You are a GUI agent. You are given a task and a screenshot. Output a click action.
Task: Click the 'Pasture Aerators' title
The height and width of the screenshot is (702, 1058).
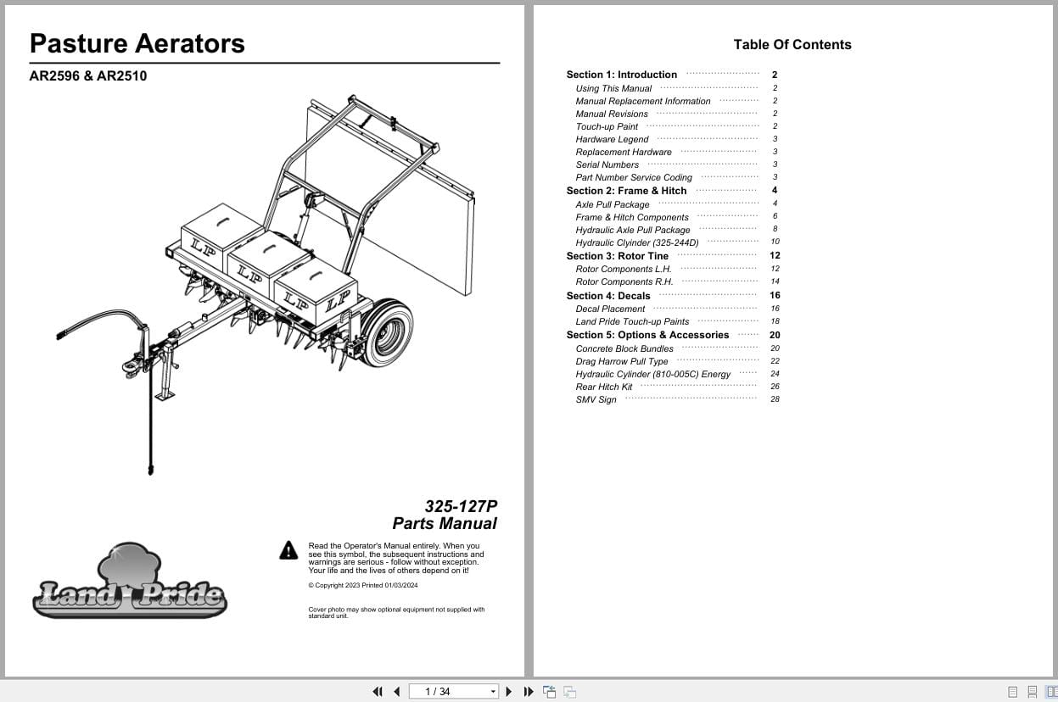pos(137,44)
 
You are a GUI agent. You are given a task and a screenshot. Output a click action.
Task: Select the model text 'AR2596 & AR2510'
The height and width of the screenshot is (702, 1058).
pos(87,76)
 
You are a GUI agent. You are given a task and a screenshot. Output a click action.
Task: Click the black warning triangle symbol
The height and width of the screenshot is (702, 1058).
pos(288,551)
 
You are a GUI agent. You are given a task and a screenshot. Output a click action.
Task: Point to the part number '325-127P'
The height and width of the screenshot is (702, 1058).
pos(461,506)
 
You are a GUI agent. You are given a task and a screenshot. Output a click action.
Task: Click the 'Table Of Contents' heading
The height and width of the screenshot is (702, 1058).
pos(792,45)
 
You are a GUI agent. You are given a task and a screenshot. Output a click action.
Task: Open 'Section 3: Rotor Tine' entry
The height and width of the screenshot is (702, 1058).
pos(618,256)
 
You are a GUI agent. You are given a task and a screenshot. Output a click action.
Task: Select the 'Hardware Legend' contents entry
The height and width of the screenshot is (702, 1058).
pos(612,140)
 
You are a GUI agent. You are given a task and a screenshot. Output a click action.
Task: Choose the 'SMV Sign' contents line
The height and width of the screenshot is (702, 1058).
pos(596,400)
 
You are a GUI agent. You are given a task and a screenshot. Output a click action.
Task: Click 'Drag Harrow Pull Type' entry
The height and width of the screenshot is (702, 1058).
pos(622,362)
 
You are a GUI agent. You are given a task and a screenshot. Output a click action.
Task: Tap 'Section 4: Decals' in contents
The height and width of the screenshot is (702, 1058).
pos(608,296)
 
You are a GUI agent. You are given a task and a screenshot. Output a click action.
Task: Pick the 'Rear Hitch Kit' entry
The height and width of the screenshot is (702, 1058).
pos(604,387)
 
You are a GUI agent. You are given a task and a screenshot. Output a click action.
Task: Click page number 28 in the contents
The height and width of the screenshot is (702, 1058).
pos(775,399)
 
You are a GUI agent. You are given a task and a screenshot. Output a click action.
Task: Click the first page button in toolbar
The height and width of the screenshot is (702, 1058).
pos(378,692)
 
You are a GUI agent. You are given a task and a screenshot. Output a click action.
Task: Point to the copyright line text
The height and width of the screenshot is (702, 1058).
pos(363,586)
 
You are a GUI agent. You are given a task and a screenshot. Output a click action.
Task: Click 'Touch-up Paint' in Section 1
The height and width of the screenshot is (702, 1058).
pos(607,127)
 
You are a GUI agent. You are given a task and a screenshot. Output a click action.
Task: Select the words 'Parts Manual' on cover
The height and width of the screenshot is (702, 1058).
pos(445,524)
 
